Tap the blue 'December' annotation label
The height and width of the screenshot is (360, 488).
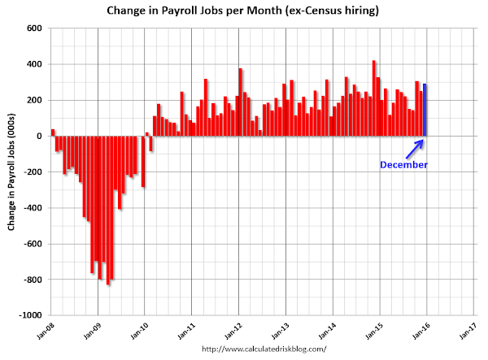click(403, 165)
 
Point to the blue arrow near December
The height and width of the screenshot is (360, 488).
click(415, 149)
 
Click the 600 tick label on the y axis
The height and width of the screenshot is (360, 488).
click(34, 28)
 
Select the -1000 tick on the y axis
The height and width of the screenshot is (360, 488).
click(30, 315)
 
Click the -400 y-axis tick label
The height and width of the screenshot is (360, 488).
click(32, 208)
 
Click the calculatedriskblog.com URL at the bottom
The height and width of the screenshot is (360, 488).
click(263, 349)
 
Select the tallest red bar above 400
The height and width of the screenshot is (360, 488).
click(373, 98)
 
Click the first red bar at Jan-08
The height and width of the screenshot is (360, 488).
click(53, 132)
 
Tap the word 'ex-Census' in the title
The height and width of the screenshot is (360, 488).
click(300, 11)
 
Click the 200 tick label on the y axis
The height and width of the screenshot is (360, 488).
click(34, 100)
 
